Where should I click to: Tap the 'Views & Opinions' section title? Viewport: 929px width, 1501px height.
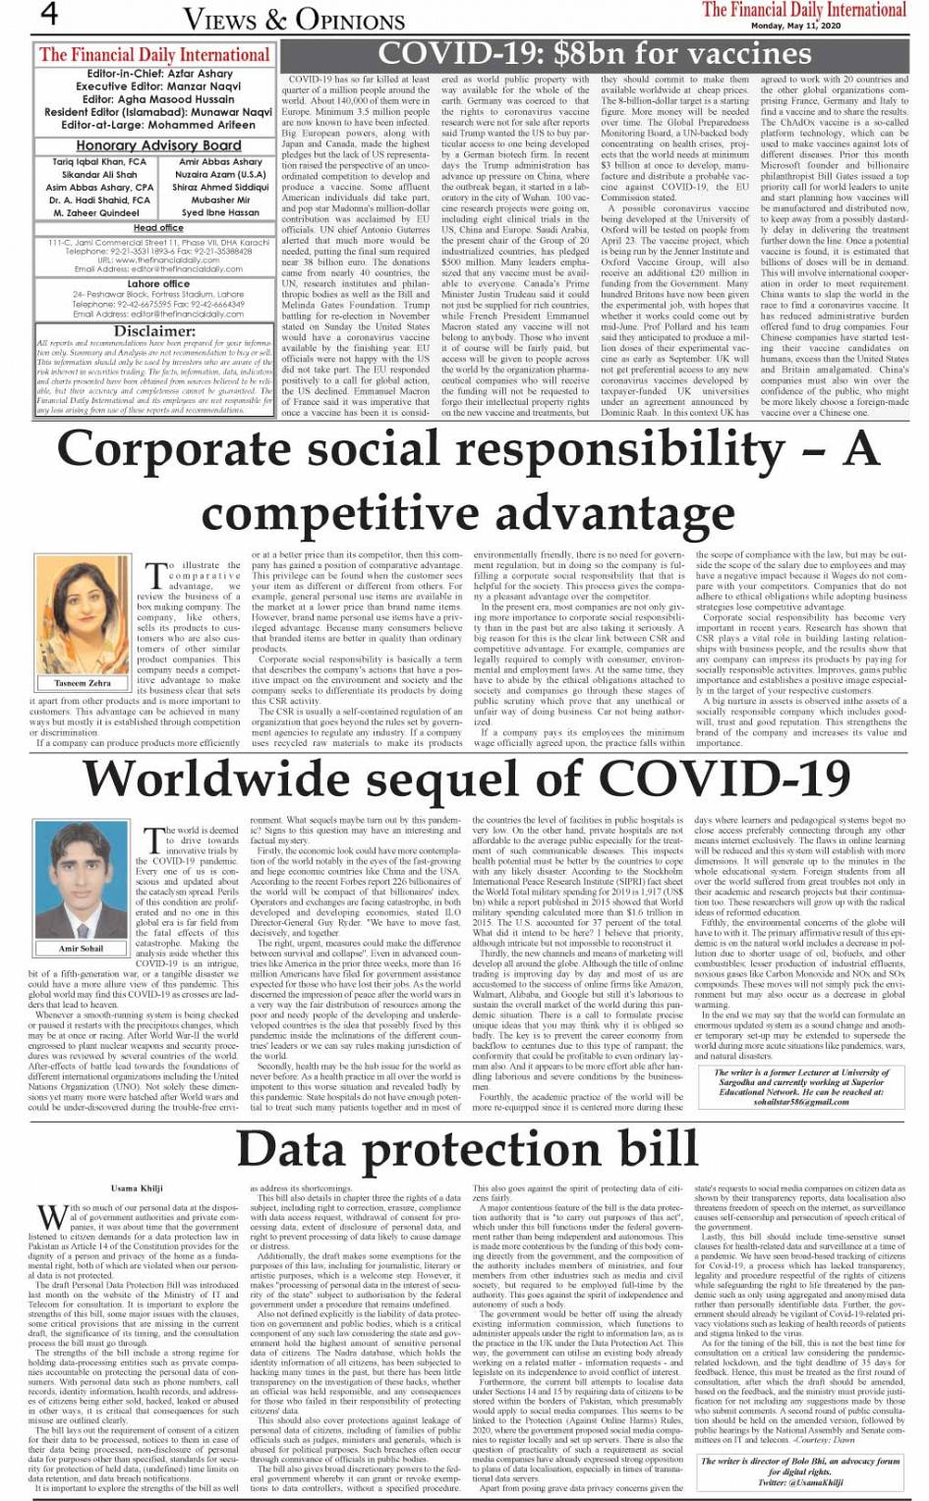[294, 19]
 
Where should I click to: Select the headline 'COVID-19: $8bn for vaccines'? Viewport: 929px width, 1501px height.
[595, 53]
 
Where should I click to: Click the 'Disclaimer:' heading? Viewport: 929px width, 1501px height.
[154, 331]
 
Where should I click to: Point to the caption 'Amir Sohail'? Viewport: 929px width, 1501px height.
[82, 949]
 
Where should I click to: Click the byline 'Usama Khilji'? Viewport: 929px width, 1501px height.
[138, 1188]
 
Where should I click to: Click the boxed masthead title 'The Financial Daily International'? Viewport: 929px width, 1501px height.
[154, 55]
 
